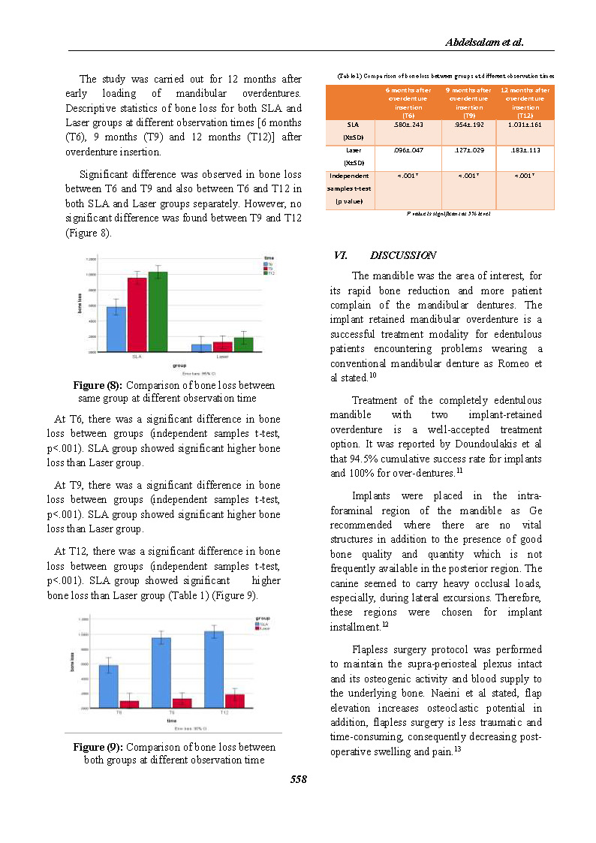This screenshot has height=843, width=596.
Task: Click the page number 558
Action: (299, 779)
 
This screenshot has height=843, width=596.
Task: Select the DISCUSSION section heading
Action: (403, 256)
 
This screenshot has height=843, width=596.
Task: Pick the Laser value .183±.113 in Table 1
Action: (525, 150)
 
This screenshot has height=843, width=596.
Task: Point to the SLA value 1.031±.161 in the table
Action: (525, 125)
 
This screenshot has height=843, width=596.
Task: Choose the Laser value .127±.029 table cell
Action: (468, 150)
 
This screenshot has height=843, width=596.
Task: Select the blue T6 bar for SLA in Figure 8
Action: (116, 330)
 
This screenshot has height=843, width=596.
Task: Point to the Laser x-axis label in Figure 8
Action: (223, 357)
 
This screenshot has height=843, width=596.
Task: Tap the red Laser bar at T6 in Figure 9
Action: (129, 703)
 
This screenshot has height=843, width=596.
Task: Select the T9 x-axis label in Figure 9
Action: (172, 712)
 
